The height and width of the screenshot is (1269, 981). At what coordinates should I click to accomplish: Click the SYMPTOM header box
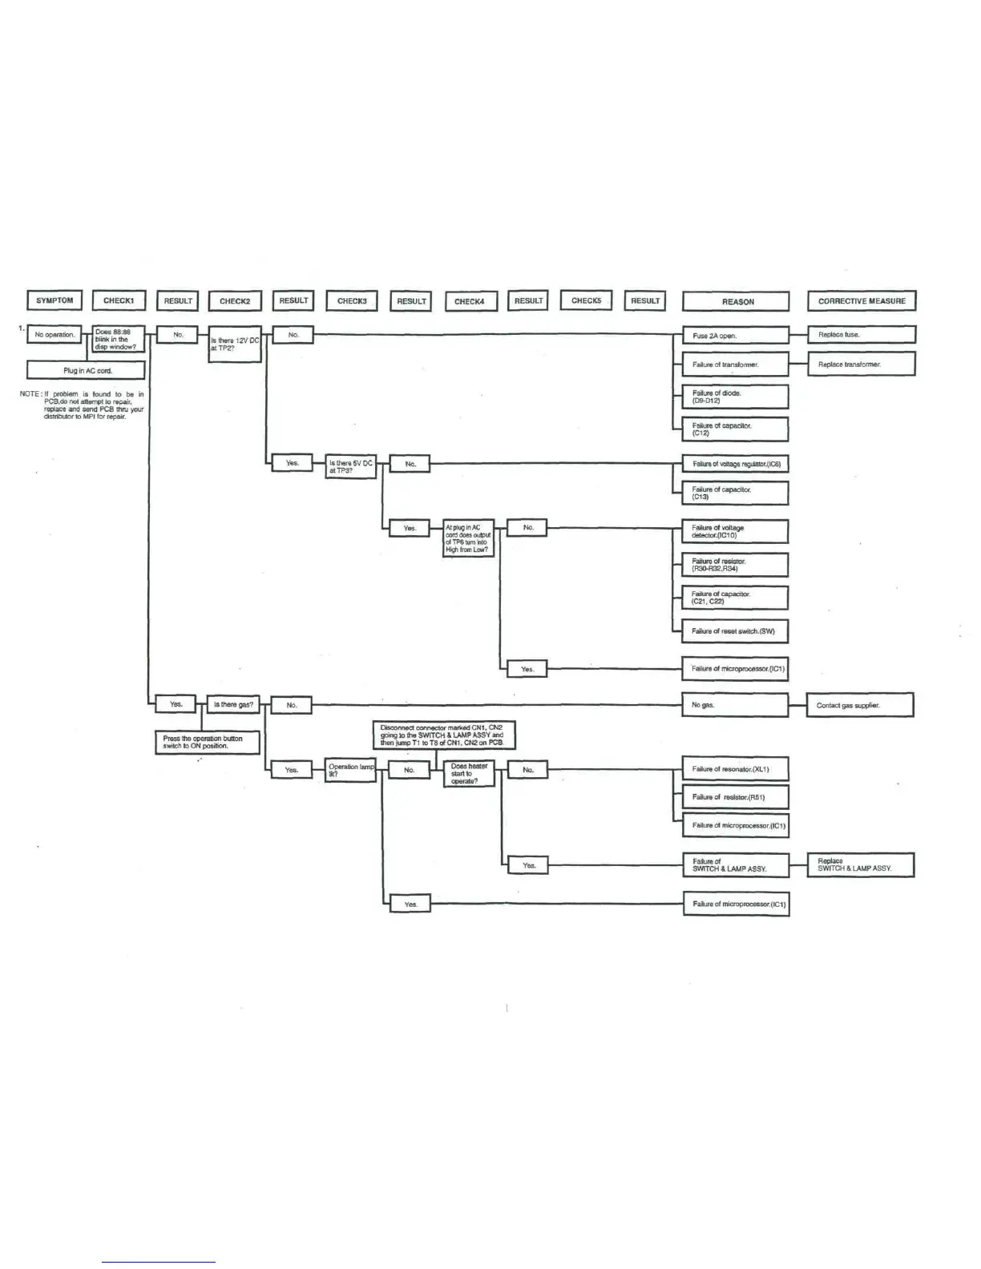[x=54, y=300]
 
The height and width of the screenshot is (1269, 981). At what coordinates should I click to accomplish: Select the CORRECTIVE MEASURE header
[x=862, y=301]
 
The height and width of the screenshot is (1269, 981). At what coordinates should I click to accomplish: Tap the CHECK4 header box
[x=470, y=301]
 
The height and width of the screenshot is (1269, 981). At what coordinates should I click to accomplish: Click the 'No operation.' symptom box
[x=54, y=334]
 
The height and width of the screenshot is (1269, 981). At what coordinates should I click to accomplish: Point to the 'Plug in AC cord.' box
[x=86, y=370]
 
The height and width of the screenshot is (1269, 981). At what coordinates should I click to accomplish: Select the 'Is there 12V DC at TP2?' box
[x=234, y=344]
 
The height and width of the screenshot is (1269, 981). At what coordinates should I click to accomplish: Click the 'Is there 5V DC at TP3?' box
[x=351, y=467]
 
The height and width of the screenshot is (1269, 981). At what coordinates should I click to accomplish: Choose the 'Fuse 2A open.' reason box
[x=735, y=336]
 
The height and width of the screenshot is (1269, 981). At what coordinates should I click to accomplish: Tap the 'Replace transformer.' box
[x=861, y=365]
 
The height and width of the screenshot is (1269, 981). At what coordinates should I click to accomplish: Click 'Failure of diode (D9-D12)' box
[x=735, y=397]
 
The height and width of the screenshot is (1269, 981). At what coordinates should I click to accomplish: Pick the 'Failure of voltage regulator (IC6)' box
[x=735, y=464]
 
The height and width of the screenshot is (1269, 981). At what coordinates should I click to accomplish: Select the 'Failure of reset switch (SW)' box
[x=735, y=631]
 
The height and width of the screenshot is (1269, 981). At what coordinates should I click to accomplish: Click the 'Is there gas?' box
[x=233, y=705]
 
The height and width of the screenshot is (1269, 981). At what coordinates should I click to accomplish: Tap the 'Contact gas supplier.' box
[x=860, y=706]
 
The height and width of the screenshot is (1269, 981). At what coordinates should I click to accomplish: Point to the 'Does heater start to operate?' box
[x=469, y=773]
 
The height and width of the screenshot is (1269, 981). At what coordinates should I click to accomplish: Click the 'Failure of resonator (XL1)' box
[x=735, y=769]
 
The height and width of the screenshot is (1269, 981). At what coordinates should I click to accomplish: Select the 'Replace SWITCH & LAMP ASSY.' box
[x=860, y=865]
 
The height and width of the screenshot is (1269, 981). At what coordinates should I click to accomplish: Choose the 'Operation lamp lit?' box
[x=350, y=770]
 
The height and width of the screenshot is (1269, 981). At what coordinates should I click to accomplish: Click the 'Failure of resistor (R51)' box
[x=735, y=797]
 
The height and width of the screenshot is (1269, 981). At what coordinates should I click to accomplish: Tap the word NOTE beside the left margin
[x=30, y=394]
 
